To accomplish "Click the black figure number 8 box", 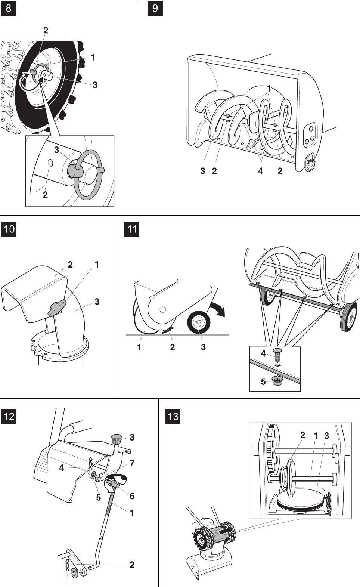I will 9,8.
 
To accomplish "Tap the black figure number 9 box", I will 155,8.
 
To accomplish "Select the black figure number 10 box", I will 9,228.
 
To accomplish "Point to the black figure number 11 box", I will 131,228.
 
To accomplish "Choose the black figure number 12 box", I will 9,416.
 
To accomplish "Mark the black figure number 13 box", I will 173,416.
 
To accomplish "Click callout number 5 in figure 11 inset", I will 263,381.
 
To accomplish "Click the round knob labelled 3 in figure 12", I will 116,438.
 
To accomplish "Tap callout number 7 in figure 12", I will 132,463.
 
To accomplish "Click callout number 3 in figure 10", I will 97,301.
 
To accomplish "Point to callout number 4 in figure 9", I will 260,171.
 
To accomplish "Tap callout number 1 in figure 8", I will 93,57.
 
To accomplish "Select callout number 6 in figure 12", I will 132,496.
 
